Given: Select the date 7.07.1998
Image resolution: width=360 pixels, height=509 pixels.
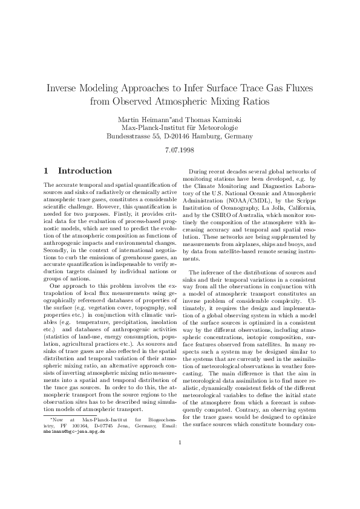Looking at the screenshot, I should pyautogui.click(x=180, y=151).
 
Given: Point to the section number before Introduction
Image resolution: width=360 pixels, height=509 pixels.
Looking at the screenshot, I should pyautogui.click(x=48, y=171).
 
